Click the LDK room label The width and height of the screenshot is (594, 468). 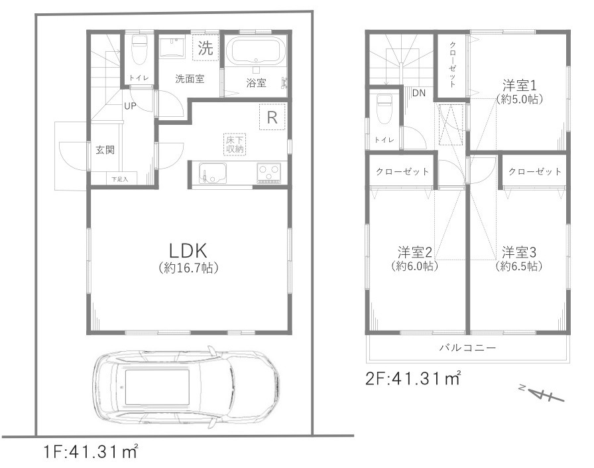pyautogui.click(x=188, y=251)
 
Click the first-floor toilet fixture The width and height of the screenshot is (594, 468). pyautogui.click(x=139, y=48)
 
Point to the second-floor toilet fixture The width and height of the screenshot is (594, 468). pyautogui.click(x=384, y=108)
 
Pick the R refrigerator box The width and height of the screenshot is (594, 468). pyautogui.click(x=272, y=117)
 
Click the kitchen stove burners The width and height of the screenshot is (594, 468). pyautogui.click(x=269, y=173)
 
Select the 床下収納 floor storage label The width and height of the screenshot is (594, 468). pyautogui.click(x=235, y=144)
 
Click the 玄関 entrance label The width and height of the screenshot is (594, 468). pyautogui.click(x=104, y=149)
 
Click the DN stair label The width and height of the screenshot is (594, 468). pyautogui.click(x=418, y=93)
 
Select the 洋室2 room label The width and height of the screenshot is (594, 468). pyautogui.click(x=415, y=252)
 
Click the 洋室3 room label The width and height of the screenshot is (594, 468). pyautogui.click(x=518, y=252)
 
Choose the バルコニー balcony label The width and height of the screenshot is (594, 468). pyautogui.click(x=467, y=347)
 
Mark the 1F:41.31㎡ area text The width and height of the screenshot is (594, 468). pyautogui.click(x=90, y=453)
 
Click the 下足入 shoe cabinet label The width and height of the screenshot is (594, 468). pyautogui.click(x=120, y=179)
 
